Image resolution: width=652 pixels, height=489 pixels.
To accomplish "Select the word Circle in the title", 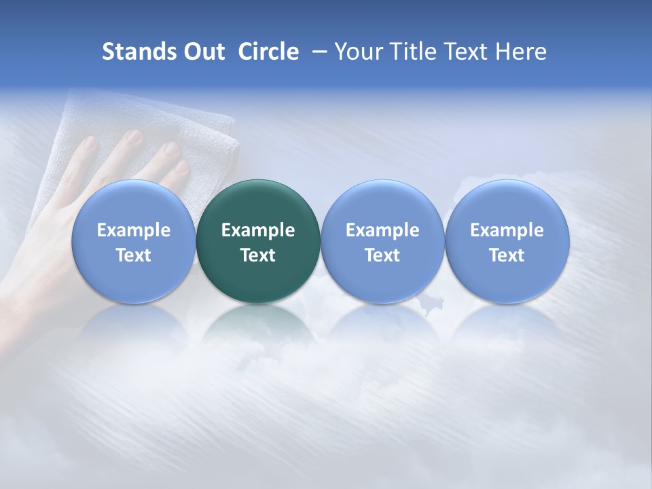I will pyautogui.click(x=268, y=52).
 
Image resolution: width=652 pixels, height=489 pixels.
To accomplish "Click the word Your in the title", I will pyautogui.click(x=358, y=52).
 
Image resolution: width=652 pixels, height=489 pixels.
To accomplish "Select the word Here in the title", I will pyautogui.click(x=521, y=52).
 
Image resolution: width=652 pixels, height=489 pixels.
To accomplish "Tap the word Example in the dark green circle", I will pyautogui.click(x=258, y=230).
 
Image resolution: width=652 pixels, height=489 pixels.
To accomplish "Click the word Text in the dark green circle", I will pyautogui.click(x=258, y=255).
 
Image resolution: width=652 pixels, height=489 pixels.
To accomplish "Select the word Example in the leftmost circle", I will pyautogui.click(x=134, y=230).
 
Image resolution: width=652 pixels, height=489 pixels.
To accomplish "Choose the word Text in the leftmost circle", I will pyautogui.click(x=134, y=255).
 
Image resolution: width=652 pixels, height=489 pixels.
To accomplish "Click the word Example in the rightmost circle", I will pyautogui.click(x=507, y=230).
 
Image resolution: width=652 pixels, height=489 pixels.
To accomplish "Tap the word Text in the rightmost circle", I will pyautogui.click(x=507, y=255).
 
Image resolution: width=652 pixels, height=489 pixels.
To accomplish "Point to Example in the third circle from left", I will pyautogui.click(x=382, y=230).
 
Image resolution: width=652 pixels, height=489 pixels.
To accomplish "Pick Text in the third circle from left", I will pyautogui.click(x=382, y=255).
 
